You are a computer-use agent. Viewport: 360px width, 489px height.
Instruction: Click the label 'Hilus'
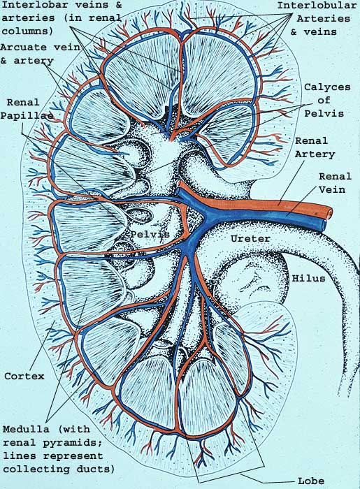[308, 278]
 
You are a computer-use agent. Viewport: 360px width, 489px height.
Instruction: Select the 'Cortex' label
[24, 376]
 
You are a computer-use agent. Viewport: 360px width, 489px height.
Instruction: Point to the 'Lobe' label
[310, 481]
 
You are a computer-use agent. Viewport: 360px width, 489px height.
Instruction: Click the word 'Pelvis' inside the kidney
[150, 234]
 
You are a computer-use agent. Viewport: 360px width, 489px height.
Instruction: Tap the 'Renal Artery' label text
[315, 147]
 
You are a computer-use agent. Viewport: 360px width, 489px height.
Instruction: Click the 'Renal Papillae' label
[27, 109]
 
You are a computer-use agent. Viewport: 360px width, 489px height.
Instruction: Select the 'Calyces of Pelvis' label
[327, 100]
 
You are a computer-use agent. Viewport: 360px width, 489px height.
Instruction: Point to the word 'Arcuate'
[24, 48]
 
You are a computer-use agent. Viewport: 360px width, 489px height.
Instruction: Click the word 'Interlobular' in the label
[317, 6]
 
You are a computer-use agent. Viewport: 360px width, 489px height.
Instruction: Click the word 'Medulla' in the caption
[26, 429]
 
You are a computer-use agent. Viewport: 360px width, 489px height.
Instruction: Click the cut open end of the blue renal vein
[323, 224]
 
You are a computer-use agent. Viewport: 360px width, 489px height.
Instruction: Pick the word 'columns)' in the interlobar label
[27, 31]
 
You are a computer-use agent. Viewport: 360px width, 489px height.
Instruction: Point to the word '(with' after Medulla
[75, 429]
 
